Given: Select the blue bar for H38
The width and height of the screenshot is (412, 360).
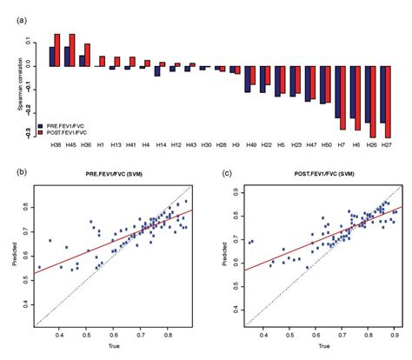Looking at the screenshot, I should [52, 56].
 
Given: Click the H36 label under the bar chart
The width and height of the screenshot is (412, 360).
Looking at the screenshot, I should [84, 144].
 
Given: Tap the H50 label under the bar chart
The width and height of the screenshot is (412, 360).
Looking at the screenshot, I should [325, 144].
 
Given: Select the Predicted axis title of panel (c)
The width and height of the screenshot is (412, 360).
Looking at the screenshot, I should [227, 256].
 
